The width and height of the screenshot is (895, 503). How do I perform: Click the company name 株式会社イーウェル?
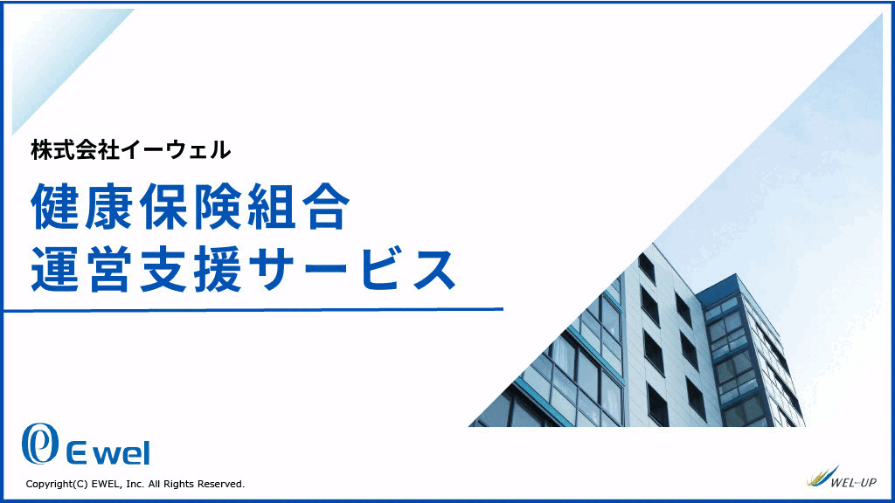(131, 150)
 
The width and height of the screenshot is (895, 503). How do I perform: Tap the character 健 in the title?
(55, 206)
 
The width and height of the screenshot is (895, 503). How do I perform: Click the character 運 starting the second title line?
(55, 269)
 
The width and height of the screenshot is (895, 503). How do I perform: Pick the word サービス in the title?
(353, 269)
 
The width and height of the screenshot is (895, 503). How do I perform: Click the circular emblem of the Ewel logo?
(40, 443)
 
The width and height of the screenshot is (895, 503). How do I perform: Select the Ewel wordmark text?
(108, 453)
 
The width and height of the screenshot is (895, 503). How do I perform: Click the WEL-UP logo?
(842, 478)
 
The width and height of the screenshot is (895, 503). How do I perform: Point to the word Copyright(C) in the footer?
(57, 484)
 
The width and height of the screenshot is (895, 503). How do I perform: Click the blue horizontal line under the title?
(253, 310)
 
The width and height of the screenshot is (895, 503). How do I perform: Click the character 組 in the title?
(271, 206)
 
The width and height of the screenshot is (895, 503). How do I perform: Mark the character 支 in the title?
(163, 269)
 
